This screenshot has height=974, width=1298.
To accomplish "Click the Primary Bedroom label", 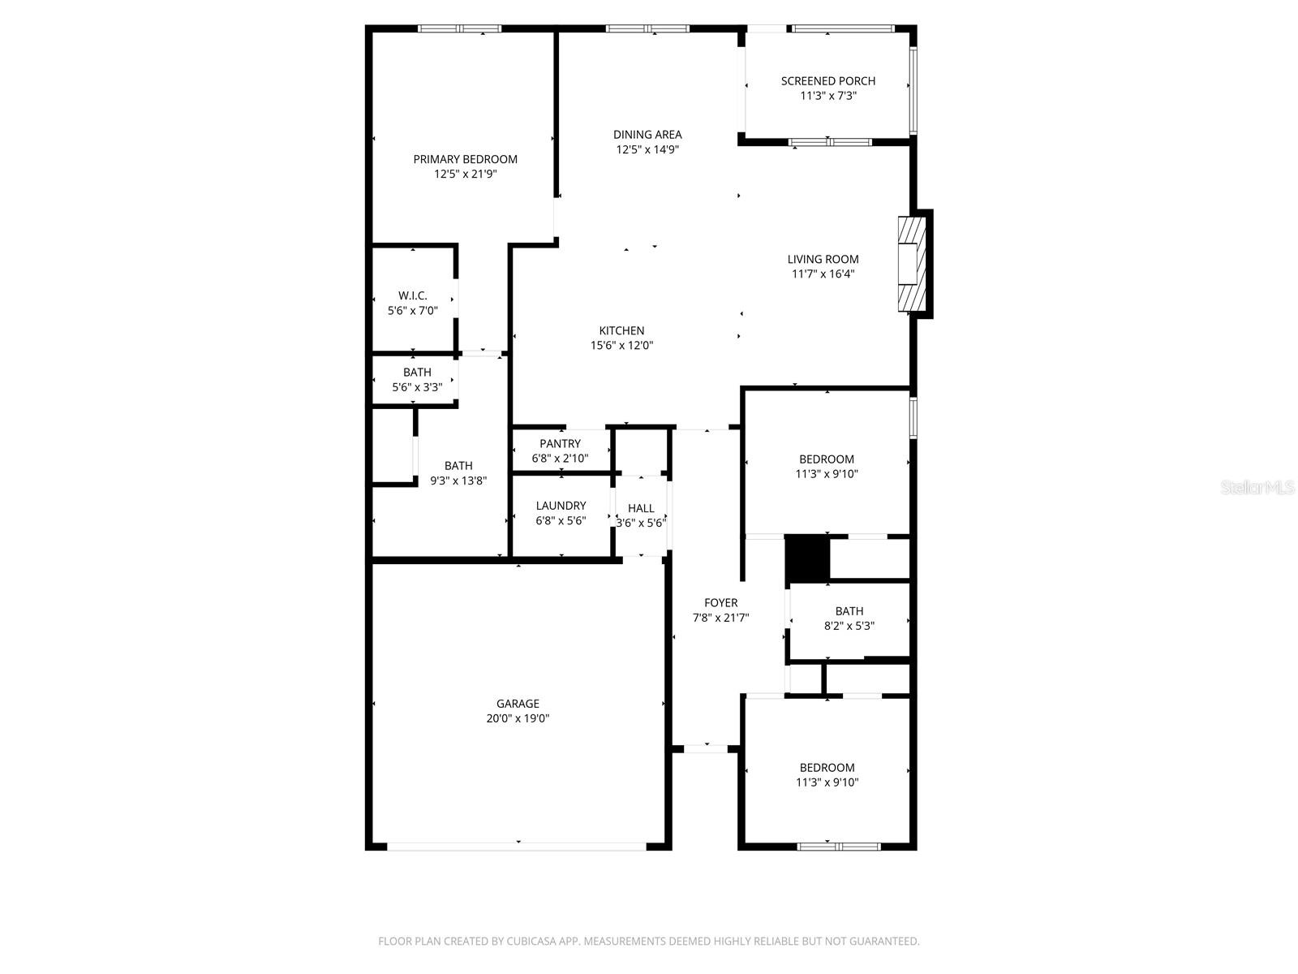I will pos(465,159).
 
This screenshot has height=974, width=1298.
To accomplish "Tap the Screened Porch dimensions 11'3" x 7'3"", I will pos(827,96).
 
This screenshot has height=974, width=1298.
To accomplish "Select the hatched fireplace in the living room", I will pos(912,264).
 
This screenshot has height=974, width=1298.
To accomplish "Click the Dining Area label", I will pos(647,135).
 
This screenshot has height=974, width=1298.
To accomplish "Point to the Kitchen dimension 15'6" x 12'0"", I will pos(621,346).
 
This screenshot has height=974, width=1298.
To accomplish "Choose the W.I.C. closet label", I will pos(412,296).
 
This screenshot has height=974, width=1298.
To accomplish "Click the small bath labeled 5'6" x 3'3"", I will pos(416,380).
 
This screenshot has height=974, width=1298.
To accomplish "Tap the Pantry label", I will pos(560,444).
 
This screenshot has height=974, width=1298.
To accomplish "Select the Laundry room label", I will pos(561,506).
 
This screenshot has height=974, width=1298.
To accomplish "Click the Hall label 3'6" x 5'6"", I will pos(640,515).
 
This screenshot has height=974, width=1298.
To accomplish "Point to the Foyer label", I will pos(720,603).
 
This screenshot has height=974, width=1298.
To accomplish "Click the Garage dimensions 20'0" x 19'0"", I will pos(518,718).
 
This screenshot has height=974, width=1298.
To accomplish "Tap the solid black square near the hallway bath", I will pos(806,558).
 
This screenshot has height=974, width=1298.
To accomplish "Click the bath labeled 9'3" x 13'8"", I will pos(458,473).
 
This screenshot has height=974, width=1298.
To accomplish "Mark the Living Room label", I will pos(823,260).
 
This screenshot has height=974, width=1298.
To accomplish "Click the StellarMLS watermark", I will pos(1257,487).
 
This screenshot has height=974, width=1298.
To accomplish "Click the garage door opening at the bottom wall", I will pos(517,847).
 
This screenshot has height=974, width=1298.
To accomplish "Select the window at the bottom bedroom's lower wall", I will pos(838,847).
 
